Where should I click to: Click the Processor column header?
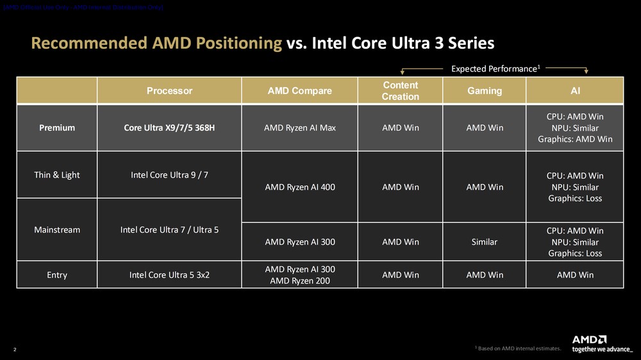pos(169,91)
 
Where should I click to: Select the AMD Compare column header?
pos(299,91)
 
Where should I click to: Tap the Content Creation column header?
pos(400,91)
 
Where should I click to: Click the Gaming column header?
pos(485,91)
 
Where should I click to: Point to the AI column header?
pos(575,91)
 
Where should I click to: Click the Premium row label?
pos(57,128)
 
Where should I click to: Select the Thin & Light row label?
pos(57,175)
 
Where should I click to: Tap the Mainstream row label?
pos(57,229)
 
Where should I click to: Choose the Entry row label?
pos(57,275)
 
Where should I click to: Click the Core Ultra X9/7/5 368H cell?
pos(169,128)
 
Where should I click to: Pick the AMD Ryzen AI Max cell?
pos(299,128)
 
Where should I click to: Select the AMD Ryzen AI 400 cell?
pos(299,187)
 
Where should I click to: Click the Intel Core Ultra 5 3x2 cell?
pos(169,275)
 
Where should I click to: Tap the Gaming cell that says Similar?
pos(485,242)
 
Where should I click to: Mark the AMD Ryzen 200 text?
pos(299,281)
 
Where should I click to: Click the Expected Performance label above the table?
pos(494,69)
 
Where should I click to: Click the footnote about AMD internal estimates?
pos(518,348)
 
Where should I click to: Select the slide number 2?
pos(15,349)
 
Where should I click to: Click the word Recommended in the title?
pos(89,44)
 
